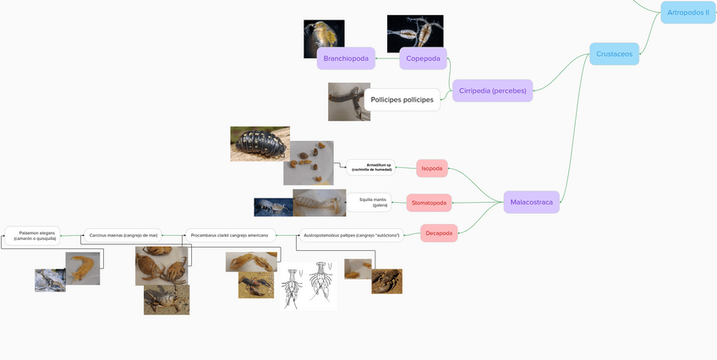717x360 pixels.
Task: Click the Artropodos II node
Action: (x=687, y=13)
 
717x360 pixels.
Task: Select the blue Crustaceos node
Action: (x=614, y=54)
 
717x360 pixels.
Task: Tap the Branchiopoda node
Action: (x=346, y=58)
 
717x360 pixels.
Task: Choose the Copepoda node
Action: (x=423, y=58)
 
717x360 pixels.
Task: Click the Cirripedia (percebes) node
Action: (x=492, y=90)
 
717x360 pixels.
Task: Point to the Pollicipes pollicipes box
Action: (x=402, y=100)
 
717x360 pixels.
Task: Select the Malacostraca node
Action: (x=531, y=202)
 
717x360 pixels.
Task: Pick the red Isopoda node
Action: (x=432, y=168)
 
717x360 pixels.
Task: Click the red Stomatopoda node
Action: (x=429, y=203)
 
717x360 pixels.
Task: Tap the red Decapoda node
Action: (x=438, y=233)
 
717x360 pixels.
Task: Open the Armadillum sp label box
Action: (x=371, y=166)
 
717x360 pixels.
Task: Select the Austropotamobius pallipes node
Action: (x=351, y=235)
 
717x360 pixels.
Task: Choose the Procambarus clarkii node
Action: (x=229, y=235)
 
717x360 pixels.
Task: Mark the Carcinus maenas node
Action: (x=123, y=235)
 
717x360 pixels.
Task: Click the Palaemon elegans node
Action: (x=33, y=235)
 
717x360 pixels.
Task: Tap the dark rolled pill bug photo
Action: (x=260, y=144)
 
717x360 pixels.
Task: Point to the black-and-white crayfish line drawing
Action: (x=308, y=286)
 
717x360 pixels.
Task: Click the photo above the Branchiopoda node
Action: (x=324, y=38)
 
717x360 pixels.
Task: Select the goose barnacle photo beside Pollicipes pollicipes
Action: (x=348, y=101)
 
